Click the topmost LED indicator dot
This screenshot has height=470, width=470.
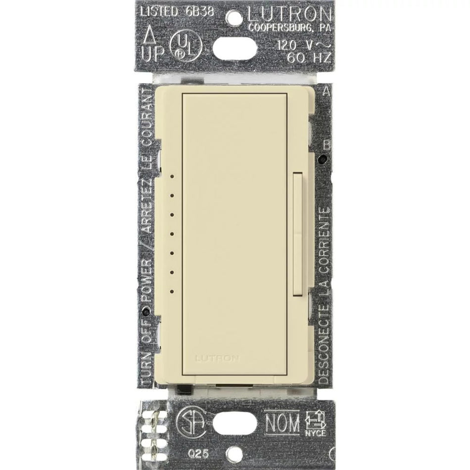(172, 176)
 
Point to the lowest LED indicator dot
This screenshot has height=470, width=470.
(172, 291)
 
